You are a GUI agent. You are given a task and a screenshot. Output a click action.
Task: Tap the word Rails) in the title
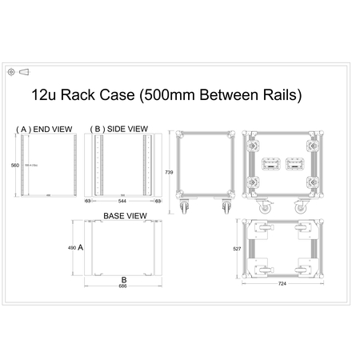280,96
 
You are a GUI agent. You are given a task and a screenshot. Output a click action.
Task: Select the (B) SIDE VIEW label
119,128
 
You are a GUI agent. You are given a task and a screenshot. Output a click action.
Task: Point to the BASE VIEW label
124,217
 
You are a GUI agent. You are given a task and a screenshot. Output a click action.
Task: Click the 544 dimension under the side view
122,202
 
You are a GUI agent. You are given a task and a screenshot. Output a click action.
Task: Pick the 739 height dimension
168,172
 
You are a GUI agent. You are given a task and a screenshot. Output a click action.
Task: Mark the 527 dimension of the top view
236,250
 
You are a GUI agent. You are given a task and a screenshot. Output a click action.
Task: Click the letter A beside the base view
81,249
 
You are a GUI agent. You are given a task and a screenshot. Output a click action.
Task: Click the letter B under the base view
123,278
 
